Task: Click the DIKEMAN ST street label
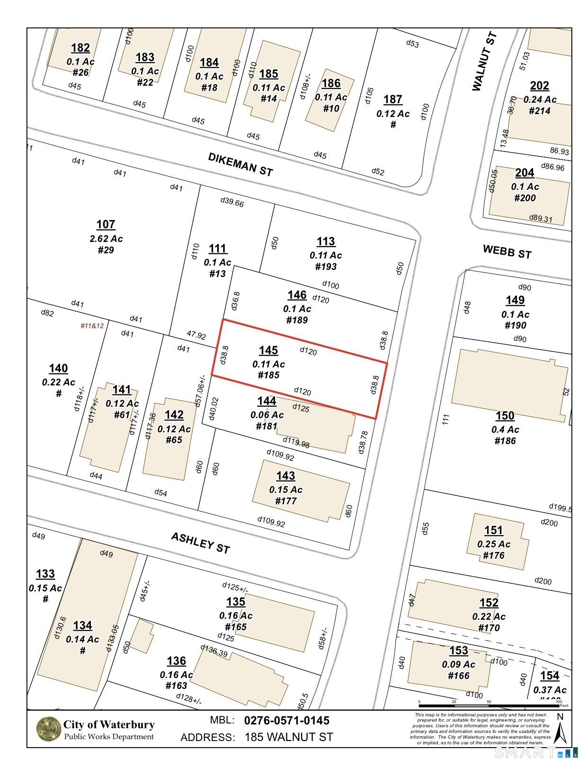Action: coord(241,164)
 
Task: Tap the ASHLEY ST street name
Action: coord(200,543)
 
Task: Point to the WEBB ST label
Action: coord(507,251)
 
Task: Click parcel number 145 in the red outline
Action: coord(268,350)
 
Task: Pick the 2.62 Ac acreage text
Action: coord(106,239)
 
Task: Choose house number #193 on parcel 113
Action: coord(326,267)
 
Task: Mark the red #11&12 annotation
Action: coord(92,326)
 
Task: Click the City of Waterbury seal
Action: coord(48,730)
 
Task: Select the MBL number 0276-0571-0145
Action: coord(286,721)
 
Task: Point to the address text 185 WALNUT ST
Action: coord(289,737)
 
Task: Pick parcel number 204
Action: coord(525,173)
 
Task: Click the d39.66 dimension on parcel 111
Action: coord(232,203)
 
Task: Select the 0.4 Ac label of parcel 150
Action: coord(505,429)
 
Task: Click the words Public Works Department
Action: coord(109,737)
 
